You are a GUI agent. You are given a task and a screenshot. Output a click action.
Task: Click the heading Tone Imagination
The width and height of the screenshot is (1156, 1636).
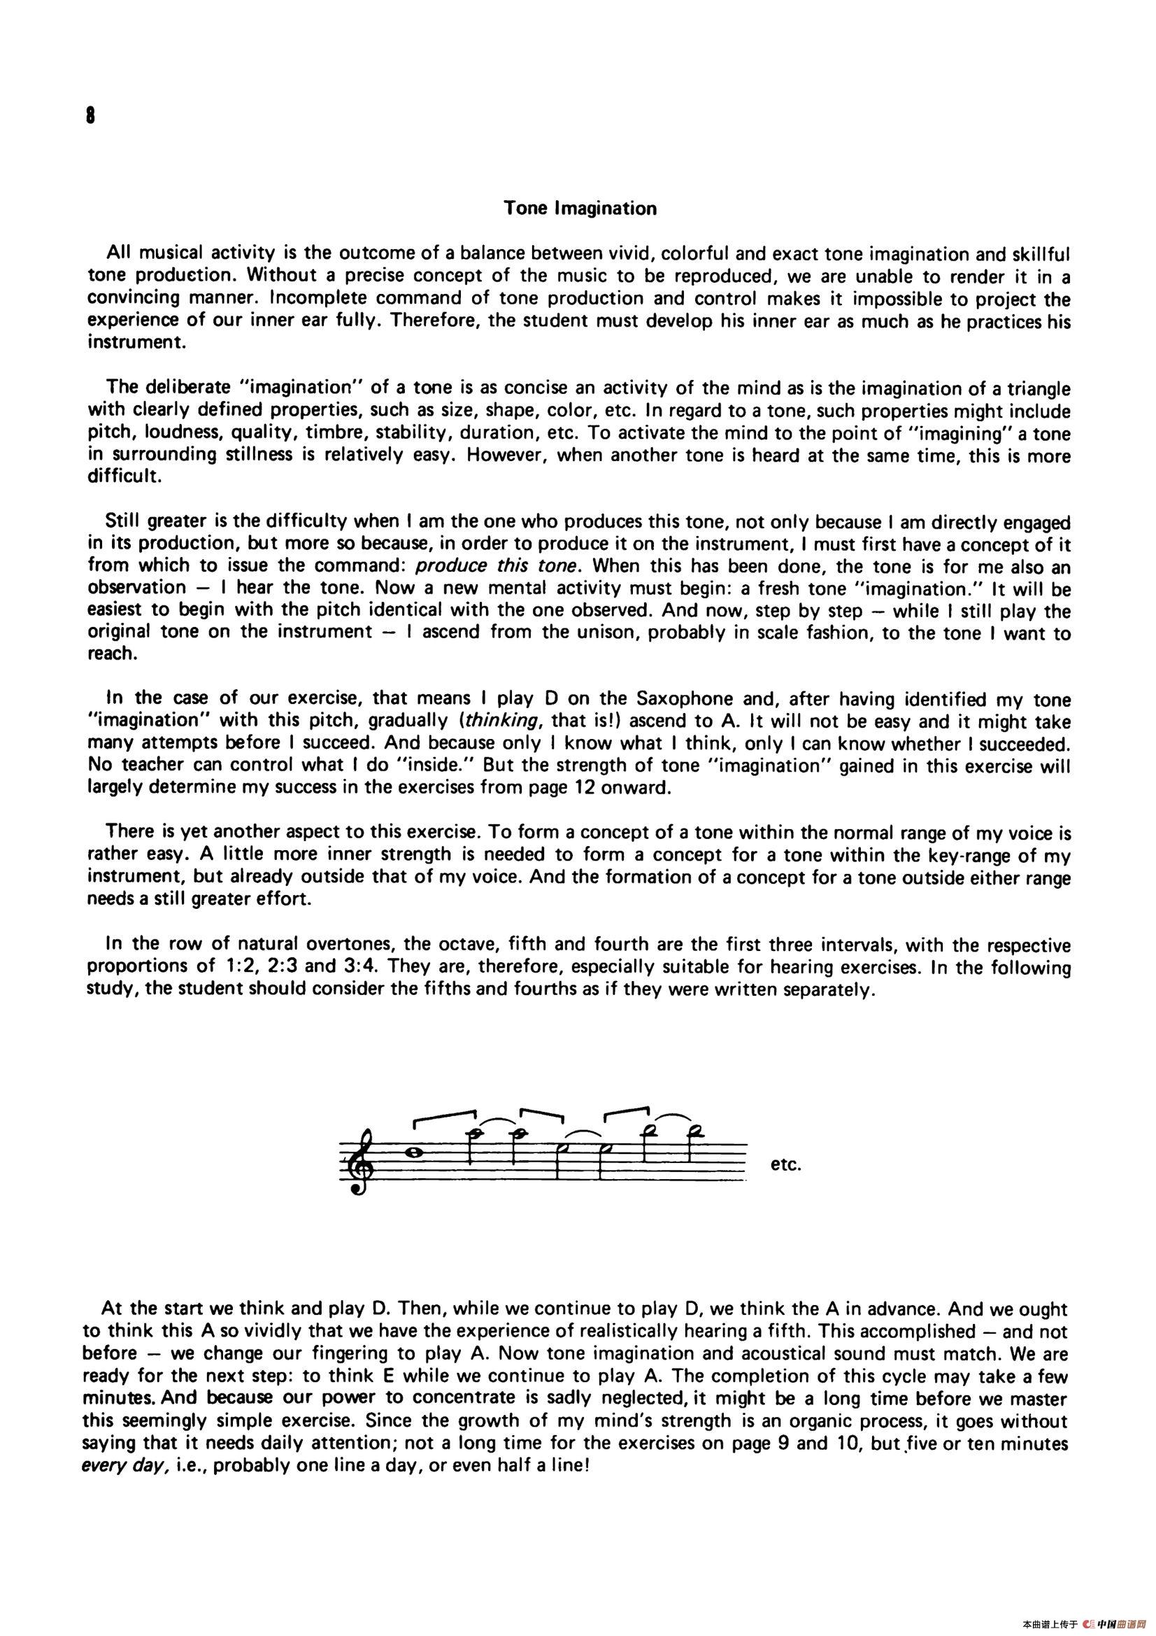click(580, 209)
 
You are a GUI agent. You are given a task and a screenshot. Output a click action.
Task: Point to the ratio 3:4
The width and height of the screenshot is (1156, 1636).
click(358, 968)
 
